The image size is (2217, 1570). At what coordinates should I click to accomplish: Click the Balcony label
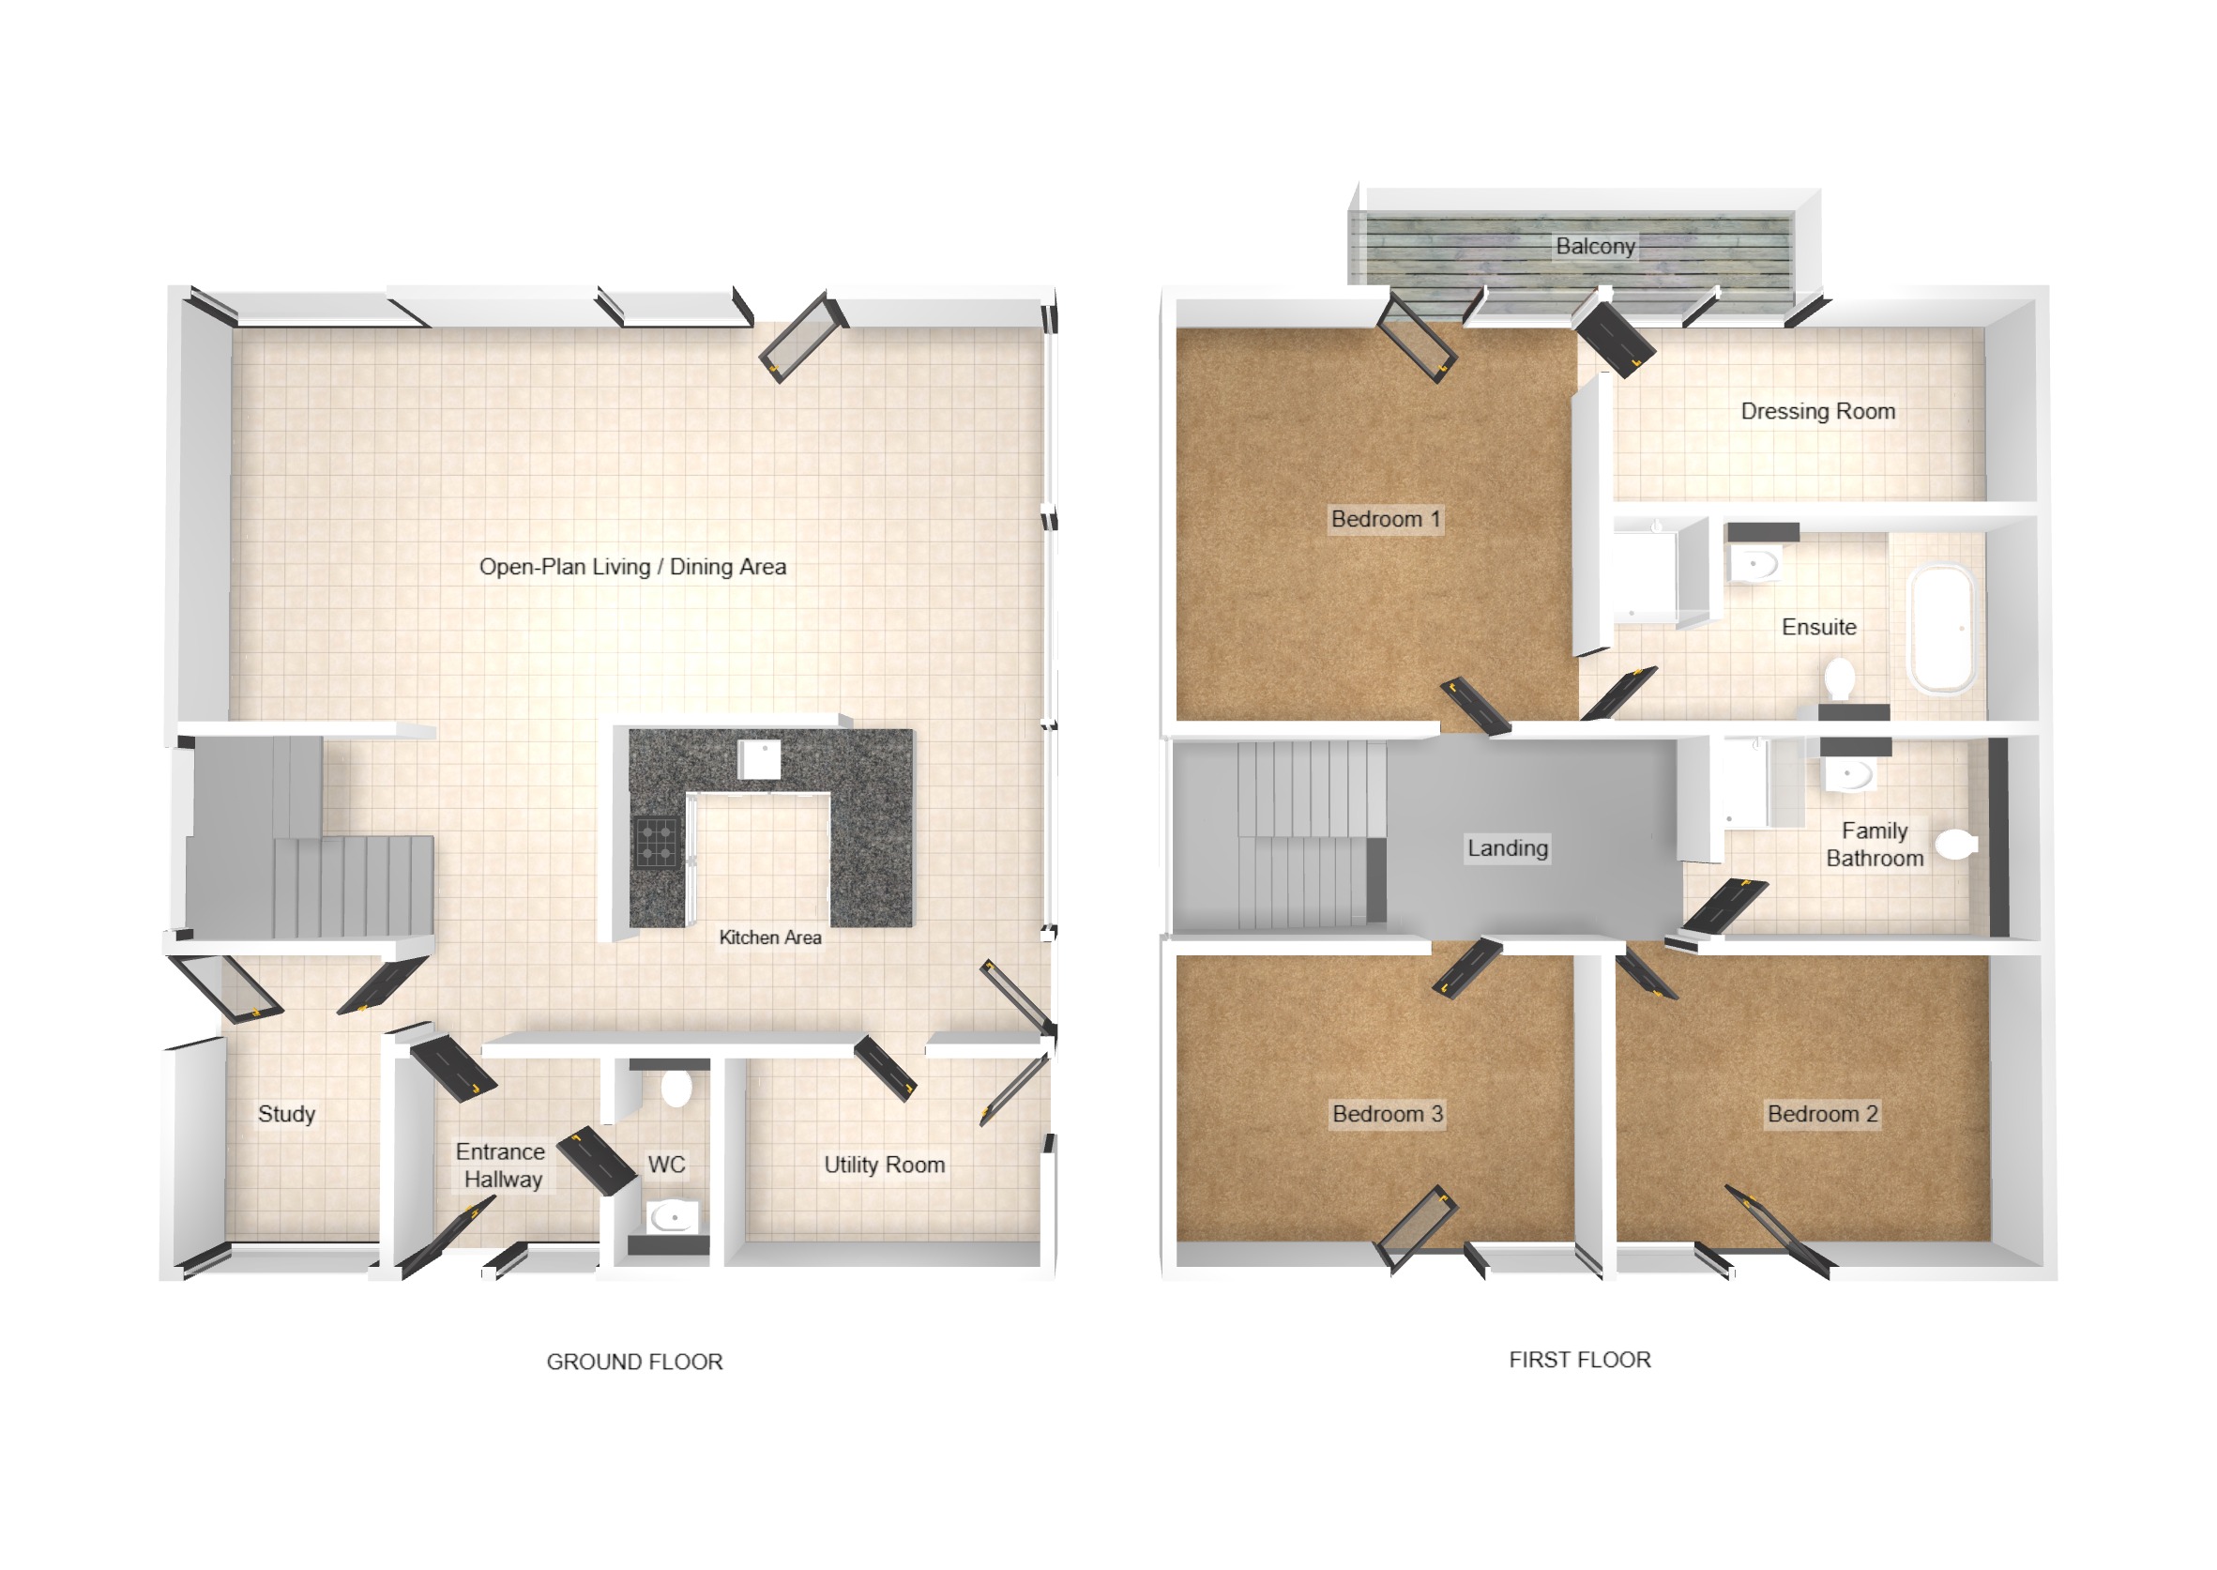(x=1595, y=247)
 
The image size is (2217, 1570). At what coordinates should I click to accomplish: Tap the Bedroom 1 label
(x=1385, y=519)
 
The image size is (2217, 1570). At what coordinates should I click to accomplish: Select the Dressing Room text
(x=1817, y=411)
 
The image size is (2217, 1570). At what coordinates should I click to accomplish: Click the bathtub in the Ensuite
(x=1941, y=628)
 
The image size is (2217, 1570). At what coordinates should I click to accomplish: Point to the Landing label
(x=1507, y=847)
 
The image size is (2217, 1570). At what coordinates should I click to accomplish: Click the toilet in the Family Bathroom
(x=1955, y=844)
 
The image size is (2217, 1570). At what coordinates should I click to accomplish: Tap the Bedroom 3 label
(x=1387, y=1114)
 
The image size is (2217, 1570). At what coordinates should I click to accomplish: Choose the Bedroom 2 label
(x=1822, y=1114)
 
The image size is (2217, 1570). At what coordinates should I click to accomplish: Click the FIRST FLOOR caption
(x=1579, y=1359)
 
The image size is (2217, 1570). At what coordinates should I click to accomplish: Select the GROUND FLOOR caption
(x=634, y=1361)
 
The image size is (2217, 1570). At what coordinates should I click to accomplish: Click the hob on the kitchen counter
(x=656, y=842)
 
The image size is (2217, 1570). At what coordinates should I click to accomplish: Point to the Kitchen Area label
(x=769, y=937)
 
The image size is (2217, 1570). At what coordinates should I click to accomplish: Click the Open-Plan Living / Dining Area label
(x=632, y=567)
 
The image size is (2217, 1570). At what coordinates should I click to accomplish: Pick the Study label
(x=286, y=1114)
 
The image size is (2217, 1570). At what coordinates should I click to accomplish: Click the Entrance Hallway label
(x=501, y=1165)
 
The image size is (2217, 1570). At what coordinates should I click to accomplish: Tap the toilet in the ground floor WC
(x=676, y=1088)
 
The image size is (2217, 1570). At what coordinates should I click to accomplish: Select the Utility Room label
(x=883, y=1165)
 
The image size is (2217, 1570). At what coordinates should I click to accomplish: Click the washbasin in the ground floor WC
(x=670, y=1216)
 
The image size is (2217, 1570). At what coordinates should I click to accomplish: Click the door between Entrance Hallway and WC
(x=597, y=1160)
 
